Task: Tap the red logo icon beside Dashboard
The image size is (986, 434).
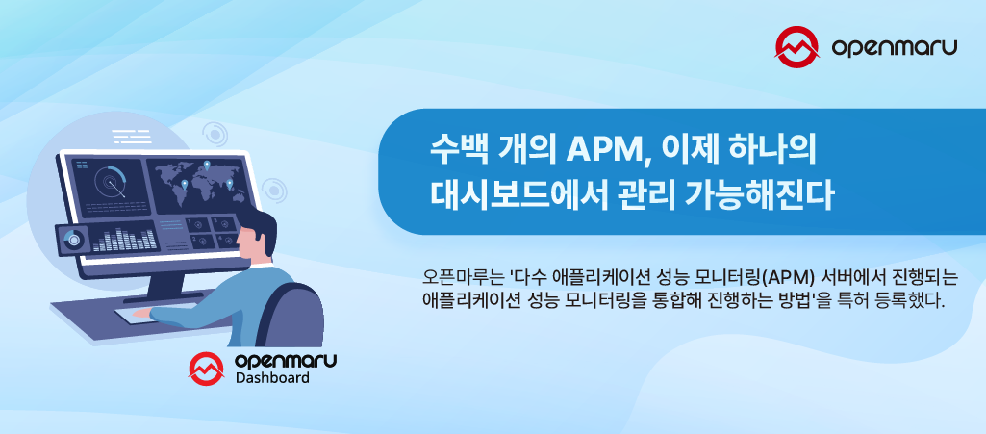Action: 205,367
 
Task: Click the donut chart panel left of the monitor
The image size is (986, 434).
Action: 71,237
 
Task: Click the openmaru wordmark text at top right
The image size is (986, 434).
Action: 894,45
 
